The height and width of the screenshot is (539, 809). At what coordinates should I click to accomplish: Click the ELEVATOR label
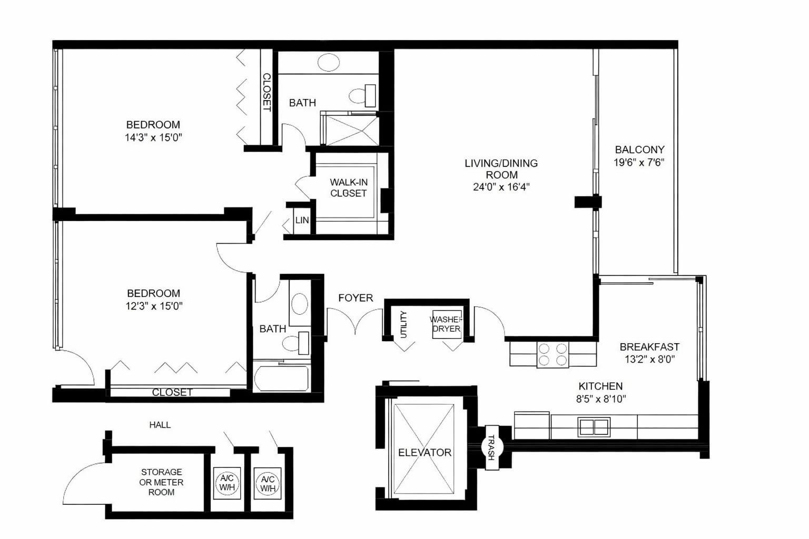[x=425, y=452]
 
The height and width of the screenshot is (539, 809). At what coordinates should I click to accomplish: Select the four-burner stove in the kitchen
[x=552, y=354]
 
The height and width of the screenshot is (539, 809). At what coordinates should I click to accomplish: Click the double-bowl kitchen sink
[x=594, y=426]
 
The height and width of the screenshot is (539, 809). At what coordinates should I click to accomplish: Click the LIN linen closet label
[x=302, y=220]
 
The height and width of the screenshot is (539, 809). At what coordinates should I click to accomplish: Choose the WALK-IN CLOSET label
[x=348, y=188]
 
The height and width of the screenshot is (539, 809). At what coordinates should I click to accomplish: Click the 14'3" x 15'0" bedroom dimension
[x=153, y=138]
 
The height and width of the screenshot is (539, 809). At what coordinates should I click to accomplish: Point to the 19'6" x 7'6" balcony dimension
[x=639, y=163]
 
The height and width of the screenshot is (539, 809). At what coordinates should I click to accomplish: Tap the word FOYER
[x=356, y=298]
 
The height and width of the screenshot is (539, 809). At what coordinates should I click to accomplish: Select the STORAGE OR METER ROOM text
[x=161, y=482]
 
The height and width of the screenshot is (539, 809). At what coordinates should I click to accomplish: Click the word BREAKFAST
[x=649, y=347]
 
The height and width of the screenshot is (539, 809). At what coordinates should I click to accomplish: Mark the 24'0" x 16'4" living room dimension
[x=501, y=187]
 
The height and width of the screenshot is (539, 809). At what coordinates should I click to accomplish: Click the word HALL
[x=160, y=425]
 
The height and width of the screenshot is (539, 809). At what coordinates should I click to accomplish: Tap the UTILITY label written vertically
[x=404, y=324]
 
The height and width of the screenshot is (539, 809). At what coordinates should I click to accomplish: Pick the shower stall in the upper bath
[x=350, y=129]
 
